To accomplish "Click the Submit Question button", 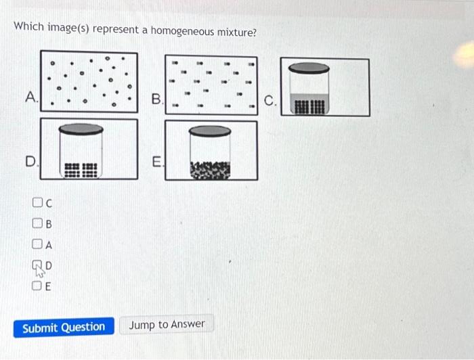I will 64,328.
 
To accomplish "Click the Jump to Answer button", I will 167,325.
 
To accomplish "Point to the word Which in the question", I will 29,26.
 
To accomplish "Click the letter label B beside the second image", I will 156,100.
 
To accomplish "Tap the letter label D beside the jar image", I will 30,162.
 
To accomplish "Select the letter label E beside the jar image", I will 156,162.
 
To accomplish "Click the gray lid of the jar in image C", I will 309,68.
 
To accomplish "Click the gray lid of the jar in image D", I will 81,129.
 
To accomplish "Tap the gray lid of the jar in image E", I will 210,131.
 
